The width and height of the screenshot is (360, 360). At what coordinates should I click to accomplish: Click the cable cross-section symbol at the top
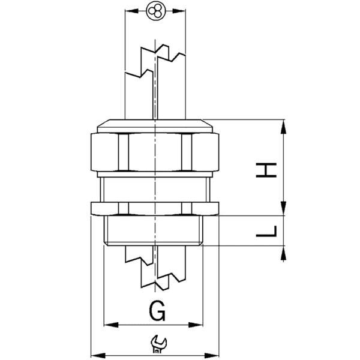point(155,11)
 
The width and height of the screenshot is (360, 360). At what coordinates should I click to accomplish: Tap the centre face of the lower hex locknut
point(155,209)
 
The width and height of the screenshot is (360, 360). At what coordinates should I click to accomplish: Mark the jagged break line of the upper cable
point(155,60)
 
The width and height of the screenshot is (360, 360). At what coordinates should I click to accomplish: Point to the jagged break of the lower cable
point(155,270)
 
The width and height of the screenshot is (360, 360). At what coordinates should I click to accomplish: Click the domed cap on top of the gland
point(155,125)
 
